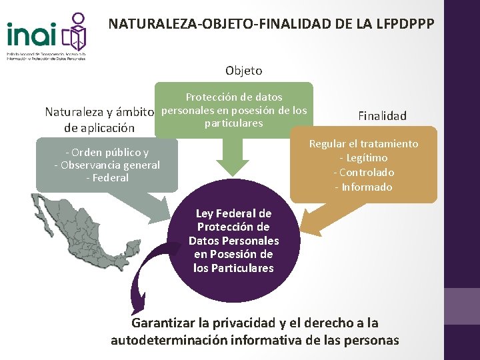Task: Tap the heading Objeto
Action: (243, 70)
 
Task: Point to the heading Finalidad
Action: (382, 116)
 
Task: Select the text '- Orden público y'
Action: (107, 152)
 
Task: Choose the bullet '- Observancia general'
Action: (107, 165)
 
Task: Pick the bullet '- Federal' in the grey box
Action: (107, 178)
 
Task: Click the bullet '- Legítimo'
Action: (363, 158)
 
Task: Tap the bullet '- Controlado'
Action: (363, 173)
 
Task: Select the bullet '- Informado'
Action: (363, 187)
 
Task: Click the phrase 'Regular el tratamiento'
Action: (363, 144)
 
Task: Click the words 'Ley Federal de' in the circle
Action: (233, 214)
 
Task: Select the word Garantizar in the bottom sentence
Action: (163, 323)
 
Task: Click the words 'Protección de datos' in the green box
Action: (233, 97)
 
